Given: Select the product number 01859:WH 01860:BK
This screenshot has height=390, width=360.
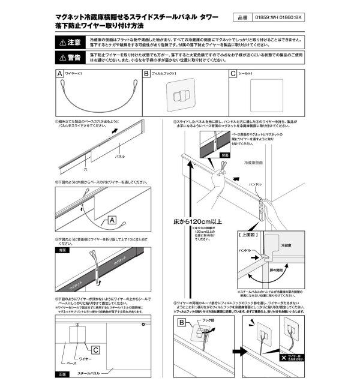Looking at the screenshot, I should click(x=281, y=19).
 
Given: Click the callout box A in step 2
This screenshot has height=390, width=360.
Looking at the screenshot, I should click(x=112, y=221).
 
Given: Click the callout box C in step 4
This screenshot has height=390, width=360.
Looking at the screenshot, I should click(x=95, y=347).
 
